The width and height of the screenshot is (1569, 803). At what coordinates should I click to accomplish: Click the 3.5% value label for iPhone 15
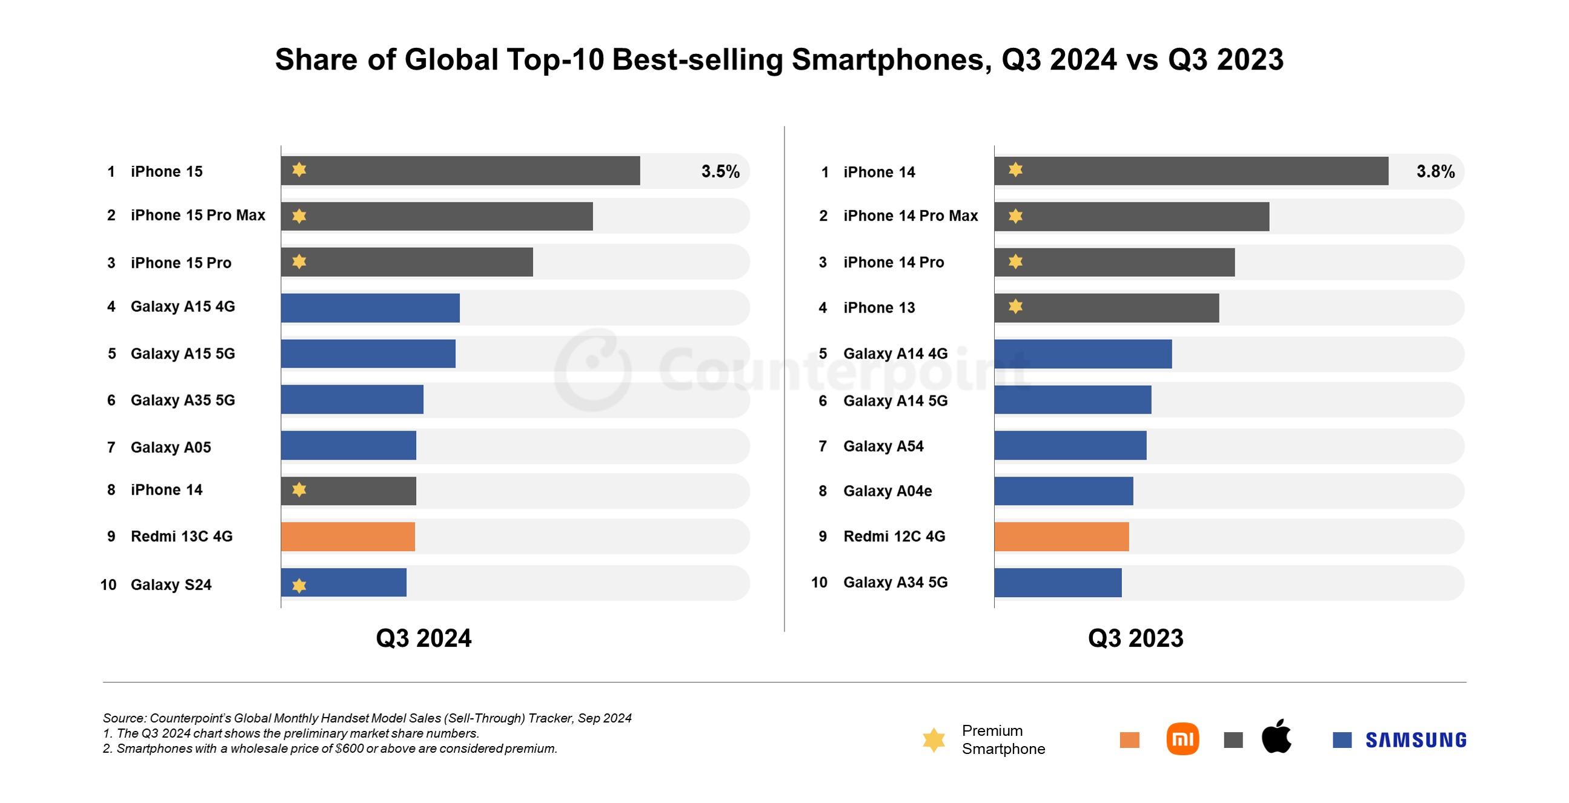point(720,171)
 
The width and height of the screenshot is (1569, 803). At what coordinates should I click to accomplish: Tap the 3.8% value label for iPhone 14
point(1435,171)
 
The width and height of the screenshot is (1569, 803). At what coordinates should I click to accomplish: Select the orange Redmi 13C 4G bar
point(348,537)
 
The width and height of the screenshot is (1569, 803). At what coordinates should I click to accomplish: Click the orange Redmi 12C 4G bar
point(1061,537)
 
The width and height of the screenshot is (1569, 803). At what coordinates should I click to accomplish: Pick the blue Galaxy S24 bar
point(353,583)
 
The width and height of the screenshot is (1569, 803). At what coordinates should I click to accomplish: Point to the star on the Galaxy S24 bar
point(299,585)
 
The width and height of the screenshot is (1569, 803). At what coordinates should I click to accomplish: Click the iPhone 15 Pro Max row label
point(198,215)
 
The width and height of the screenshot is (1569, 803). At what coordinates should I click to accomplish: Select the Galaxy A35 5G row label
point(183,400)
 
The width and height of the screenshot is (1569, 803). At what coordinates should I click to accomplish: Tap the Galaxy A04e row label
point(887,491)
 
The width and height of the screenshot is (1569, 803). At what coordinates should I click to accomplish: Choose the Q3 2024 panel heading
point(423,638)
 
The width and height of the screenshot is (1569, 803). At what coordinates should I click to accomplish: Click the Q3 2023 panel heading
point(1135,638)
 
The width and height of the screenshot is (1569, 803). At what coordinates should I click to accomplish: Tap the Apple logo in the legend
point(1276,736)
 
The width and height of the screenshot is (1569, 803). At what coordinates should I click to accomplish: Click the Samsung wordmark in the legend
point(1415,739)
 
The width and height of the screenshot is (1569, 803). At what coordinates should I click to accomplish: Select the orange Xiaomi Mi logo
point(1183,739)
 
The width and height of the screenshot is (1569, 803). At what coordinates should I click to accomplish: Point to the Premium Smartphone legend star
point(934,739)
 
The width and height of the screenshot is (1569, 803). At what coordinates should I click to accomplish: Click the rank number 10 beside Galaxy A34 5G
point(818,582)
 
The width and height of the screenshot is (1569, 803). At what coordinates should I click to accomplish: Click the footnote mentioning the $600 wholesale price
point(330,748)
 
